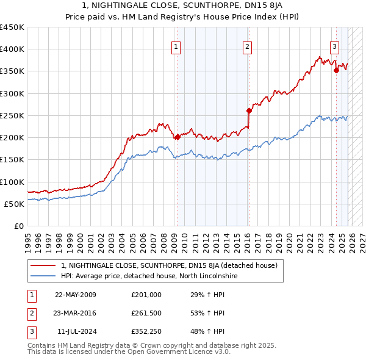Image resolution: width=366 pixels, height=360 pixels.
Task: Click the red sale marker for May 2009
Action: pos(178,137)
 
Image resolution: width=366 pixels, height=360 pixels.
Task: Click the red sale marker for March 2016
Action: pos(249,110)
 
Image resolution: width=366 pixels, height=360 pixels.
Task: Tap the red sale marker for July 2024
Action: pos(336,70)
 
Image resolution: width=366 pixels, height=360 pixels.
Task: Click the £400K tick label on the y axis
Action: pos(12,49)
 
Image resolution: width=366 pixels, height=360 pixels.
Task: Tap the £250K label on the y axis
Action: pos(12,115)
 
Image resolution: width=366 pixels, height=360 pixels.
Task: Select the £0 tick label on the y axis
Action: pos(18,226)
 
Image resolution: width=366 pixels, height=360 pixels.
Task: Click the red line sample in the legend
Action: pos(43,265)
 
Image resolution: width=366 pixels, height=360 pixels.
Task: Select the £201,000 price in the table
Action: pos(146,295)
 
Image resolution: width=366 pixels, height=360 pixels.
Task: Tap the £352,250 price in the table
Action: pos(146,331)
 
